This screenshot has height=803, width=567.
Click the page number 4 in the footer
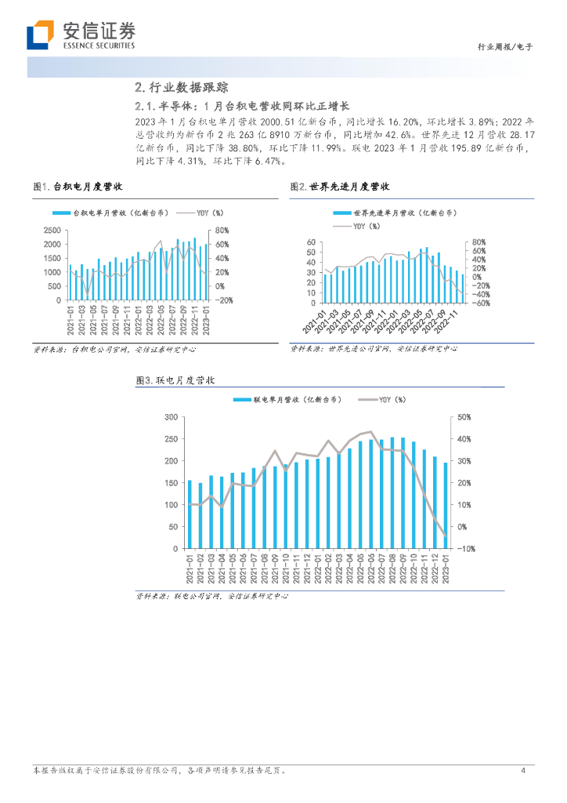point(522,771)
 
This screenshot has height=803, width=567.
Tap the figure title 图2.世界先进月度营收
point(340,187)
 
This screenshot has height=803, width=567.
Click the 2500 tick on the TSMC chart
point(52,231)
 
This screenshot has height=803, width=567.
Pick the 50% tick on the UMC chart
point(463,417)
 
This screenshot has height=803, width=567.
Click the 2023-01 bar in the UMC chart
point(446,505)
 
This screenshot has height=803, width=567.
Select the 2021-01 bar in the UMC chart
point(190,514)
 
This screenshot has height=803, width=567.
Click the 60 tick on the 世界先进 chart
point(310,243)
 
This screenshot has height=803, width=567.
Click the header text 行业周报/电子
point(505,47)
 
